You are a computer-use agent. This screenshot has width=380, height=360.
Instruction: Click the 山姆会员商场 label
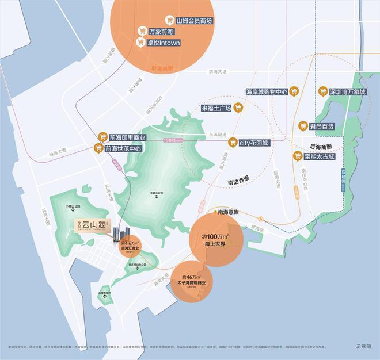[x=195, y=20]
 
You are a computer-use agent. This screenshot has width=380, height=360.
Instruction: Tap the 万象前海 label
[x=161, y=32]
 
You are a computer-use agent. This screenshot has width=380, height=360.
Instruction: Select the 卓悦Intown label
[x=165, y=43]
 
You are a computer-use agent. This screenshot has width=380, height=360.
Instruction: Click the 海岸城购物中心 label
[x=266, y=91]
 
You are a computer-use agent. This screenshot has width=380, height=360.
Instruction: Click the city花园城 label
[x=254, y=142]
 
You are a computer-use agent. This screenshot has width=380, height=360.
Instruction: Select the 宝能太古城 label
[x=318, y=156]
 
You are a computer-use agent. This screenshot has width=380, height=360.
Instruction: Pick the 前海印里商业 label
[x=127, y=138]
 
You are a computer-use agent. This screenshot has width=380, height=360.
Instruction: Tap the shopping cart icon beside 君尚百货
[x=303, y=125]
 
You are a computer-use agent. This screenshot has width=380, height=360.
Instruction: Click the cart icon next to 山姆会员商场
[x=170, y=20]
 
